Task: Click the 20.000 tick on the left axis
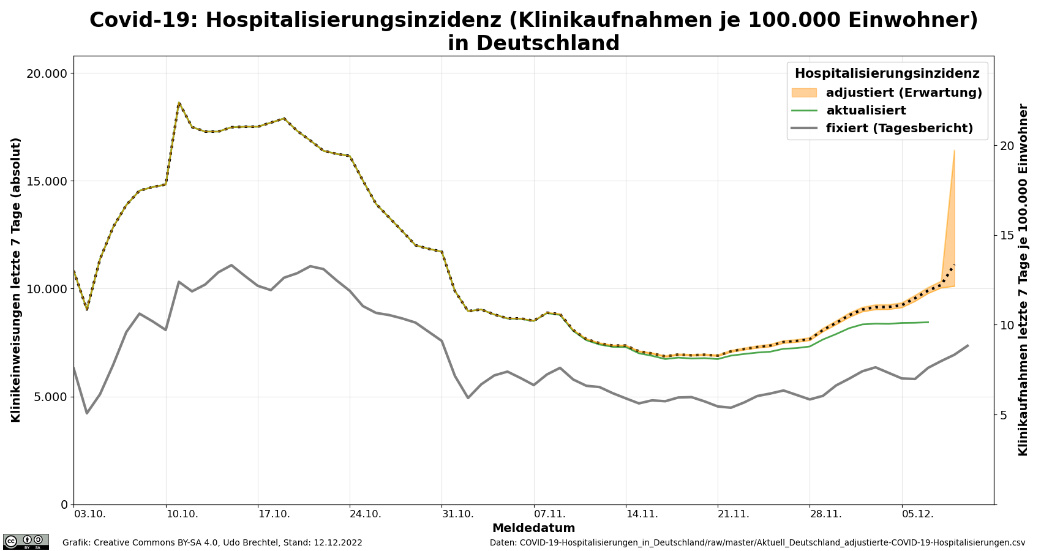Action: [47, 73]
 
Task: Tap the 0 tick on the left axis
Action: [63, 504]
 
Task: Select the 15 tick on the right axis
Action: [1007, 236]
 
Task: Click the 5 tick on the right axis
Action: [1004, 415]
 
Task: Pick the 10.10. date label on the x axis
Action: [182, 514]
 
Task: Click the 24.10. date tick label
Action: [366, 514]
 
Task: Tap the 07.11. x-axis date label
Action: [549, 514]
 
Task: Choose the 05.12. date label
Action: [917, 514]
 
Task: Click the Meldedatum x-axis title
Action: [533, 528]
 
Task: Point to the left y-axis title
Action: [16, 280]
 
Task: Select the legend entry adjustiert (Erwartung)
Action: [904, 92]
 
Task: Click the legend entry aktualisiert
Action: [866, 111]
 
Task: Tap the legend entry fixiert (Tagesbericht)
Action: [899, 129]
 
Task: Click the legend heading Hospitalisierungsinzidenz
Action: [887, 73]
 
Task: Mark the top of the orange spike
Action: [954, 151]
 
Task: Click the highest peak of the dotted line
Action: [179, 103]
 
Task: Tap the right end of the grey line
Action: [968, 345]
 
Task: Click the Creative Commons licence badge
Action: [26, 541]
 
